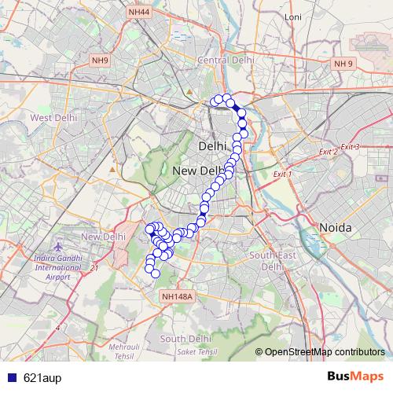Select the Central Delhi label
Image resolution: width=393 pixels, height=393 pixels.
coord(226,60)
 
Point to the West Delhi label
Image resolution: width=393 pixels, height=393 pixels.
coord(53,117)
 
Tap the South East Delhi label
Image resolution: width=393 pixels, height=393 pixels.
coord(271,261)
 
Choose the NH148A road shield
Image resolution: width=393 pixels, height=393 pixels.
coord(175,296)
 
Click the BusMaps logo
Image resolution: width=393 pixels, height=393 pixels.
coord(356,376)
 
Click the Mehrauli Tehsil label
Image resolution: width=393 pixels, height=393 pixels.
coord(122,351)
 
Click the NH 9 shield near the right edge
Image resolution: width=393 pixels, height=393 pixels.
coord(343,63)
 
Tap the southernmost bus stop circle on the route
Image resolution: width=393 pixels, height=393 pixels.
coord(156,274)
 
